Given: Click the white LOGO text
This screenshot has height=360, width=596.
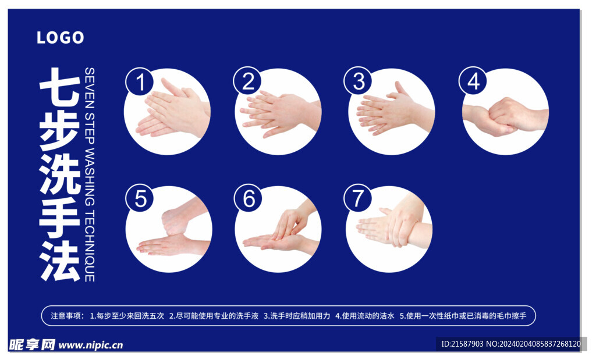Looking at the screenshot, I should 60,38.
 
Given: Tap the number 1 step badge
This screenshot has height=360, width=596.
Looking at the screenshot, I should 140,81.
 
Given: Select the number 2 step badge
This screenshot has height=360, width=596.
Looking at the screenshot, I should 247,81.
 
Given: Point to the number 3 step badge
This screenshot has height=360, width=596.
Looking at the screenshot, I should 357,81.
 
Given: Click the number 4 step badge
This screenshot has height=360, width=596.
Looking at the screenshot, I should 473,81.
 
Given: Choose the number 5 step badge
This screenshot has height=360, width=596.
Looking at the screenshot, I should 140,198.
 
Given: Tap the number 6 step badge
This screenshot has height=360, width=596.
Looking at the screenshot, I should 249,199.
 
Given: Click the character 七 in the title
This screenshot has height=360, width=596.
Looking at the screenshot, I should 59,86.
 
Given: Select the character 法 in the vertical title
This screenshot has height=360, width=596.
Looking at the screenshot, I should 59,261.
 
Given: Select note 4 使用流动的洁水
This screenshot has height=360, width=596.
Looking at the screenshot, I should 365,316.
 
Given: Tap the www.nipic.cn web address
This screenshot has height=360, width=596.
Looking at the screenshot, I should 91,345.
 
